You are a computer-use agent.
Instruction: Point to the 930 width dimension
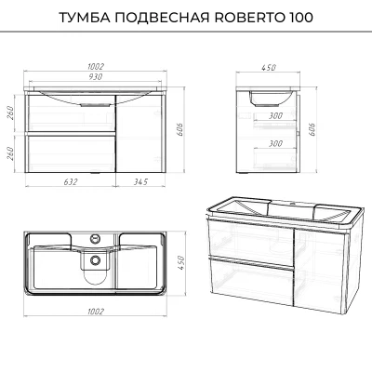click(95, 77)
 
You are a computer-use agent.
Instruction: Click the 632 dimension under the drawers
click(71, 182)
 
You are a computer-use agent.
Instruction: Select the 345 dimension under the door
click(140, 182)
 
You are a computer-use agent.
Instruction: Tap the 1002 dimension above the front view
click(96, 67)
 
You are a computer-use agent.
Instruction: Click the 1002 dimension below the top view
click(96, 312)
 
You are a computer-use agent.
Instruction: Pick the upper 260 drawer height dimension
click(9, 114)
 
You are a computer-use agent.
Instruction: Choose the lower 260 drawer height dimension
click(9, 153)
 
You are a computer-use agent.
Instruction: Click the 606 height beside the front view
click(180, 131)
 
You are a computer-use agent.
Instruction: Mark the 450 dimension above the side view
click(268, 67)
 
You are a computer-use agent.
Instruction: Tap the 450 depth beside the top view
click(180, 263)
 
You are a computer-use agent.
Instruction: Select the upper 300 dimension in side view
click(275, 115)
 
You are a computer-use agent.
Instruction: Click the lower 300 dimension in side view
click(275, 143)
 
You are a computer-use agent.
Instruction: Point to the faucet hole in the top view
click(95, 239)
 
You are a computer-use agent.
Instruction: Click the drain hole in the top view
click(95, 260)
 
